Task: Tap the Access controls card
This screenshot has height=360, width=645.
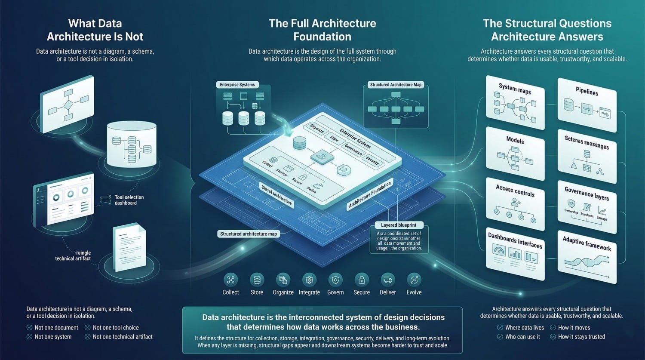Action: tap(515, 203)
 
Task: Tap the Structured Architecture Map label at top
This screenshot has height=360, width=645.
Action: tap(396, 85)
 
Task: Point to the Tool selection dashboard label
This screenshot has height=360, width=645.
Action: tap(129, 200)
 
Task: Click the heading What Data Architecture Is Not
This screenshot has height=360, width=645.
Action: tap(95, 30)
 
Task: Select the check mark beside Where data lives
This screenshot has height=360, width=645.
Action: tap(500, 328)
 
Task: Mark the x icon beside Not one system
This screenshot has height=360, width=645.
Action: tap(29, 337)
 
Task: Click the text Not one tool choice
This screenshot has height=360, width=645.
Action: tap(116, 328)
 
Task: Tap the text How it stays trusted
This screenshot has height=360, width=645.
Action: tap(581, 337)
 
